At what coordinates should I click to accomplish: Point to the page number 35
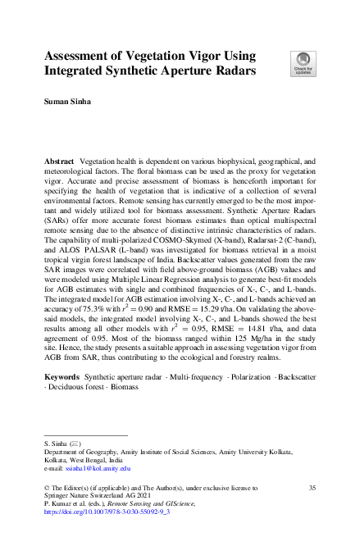coord(311,487)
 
